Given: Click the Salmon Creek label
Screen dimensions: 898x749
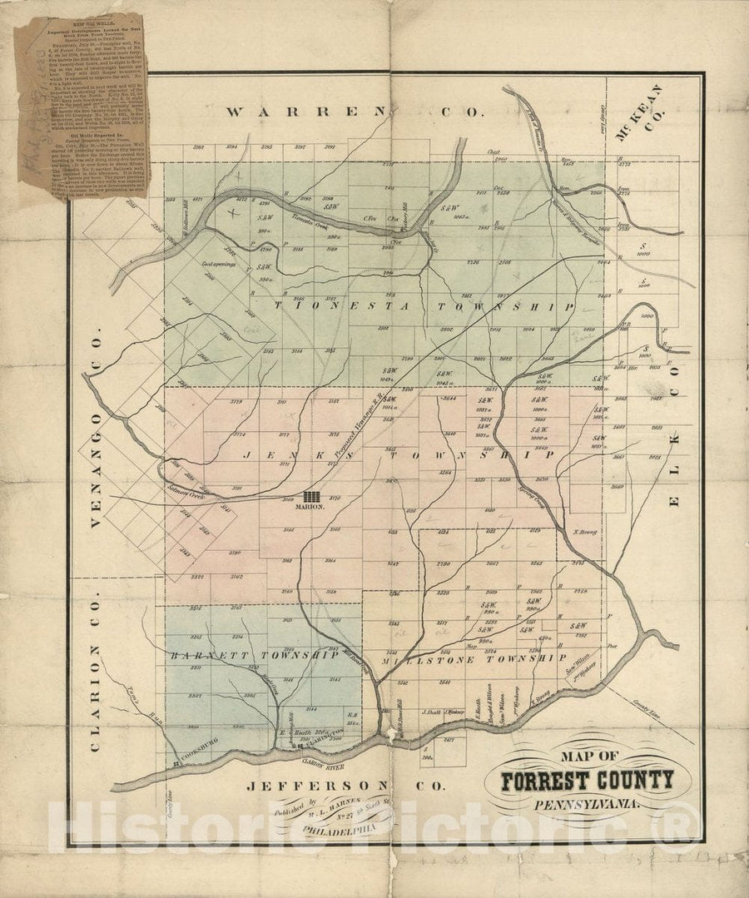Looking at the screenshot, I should coord(186,493).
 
